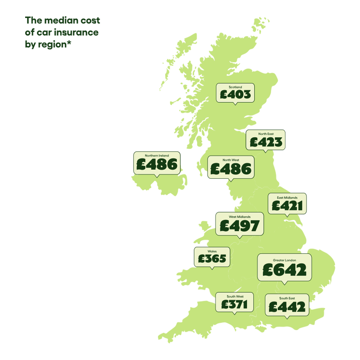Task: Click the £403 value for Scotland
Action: [235, 94]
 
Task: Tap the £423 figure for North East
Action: [265, 142]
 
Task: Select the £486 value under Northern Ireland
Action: [156, 165]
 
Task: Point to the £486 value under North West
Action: [230, 169]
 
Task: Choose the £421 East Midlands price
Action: [287, 206]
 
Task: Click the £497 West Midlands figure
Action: [240, 226]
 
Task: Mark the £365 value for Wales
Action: [212, 259]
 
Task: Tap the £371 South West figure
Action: [234, 304]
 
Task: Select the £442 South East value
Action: [287, 307]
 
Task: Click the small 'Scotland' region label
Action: [235, 87]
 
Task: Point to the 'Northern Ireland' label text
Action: [156, 156]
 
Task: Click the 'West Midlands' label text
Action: [240, 217]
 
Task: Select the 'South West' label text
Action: [234, 296]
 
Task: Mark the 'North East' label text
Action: [265, 134]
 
